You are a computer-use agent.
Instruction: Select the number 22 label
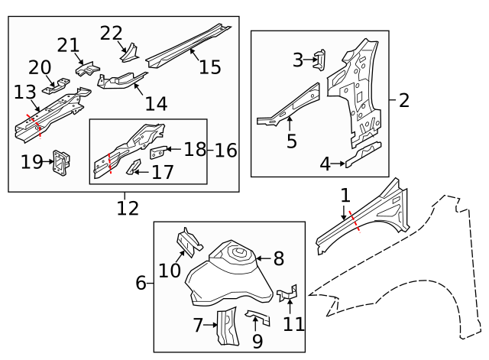tap(111, 33)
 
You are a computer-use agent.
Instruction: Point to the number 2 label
tap(404, 100)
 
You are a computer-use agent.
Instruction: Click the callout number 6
tap(141, 284)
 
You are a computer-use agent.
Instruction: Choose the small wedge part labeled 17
tap(134, 167)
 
